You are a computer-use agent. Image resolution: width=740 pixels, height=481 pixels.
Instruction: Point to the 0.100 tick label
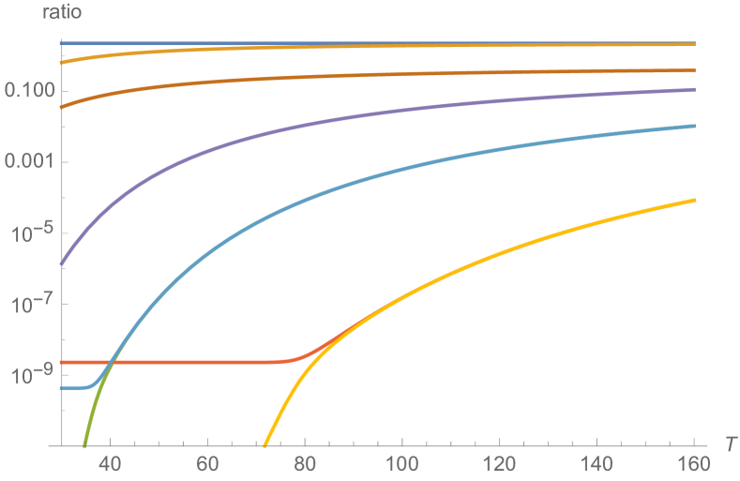pos(29,91)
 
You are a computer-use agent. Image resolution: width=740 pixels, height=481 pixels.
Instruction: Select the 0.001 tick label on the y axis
pos(29,162)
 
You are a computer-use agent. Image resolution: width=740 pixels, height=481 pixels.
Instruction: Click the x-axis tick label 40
pos(111,463)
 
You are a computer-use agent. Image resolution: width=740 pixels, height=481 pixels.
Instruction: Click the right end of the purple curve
pos(694,90)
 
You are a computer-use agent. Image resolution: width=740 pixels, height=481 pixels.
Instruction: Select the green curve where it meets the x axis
pos(84,444)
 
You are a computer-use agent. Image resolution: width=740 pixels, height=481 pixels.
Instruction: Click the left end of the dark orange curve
pos(61,107)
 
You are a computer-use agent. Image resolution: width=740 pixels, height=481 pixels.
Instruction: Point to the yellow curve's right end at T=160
pos(694,200)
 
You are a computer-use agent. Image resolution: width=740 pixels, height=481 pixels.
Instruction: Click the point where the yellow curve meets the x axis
pos(264,444)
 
